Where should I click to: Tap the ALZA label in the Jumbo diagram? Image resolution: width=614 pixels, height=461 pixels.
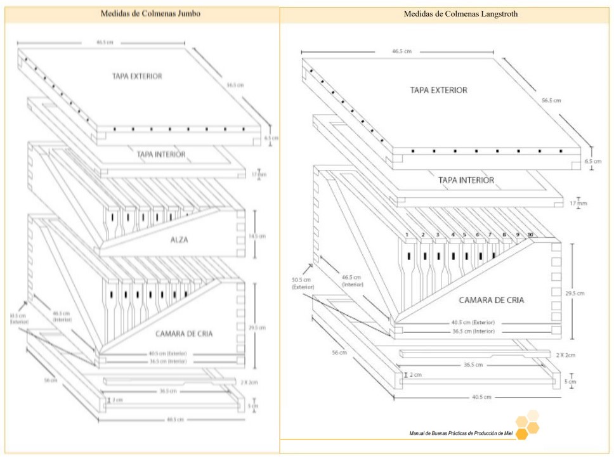[x=180, y=240]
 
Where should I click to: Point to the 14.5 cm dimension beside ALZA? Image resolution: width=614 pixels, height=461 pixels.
[x=256, y=235]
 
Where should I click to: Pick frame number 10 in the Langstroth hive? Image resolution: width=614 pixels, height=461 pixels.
[x=530, y=235]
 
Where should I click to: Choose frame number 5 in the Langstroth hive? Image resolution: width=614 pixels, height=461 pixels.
[x=465, y=235]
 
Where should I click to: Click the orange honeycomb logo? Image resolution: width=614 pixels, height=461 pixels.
[x=527, y=424]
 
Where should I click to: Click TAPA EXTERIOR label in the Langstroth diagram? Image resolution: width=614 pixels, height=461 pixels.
[x=438, y=90]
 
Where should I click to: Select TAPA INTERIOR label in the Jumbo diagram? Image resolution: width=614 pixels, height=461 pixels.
[x=161, y=154]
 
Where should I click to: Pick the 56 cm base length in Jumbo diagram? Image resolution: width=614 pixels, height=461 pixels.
[x=50, y=380]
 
